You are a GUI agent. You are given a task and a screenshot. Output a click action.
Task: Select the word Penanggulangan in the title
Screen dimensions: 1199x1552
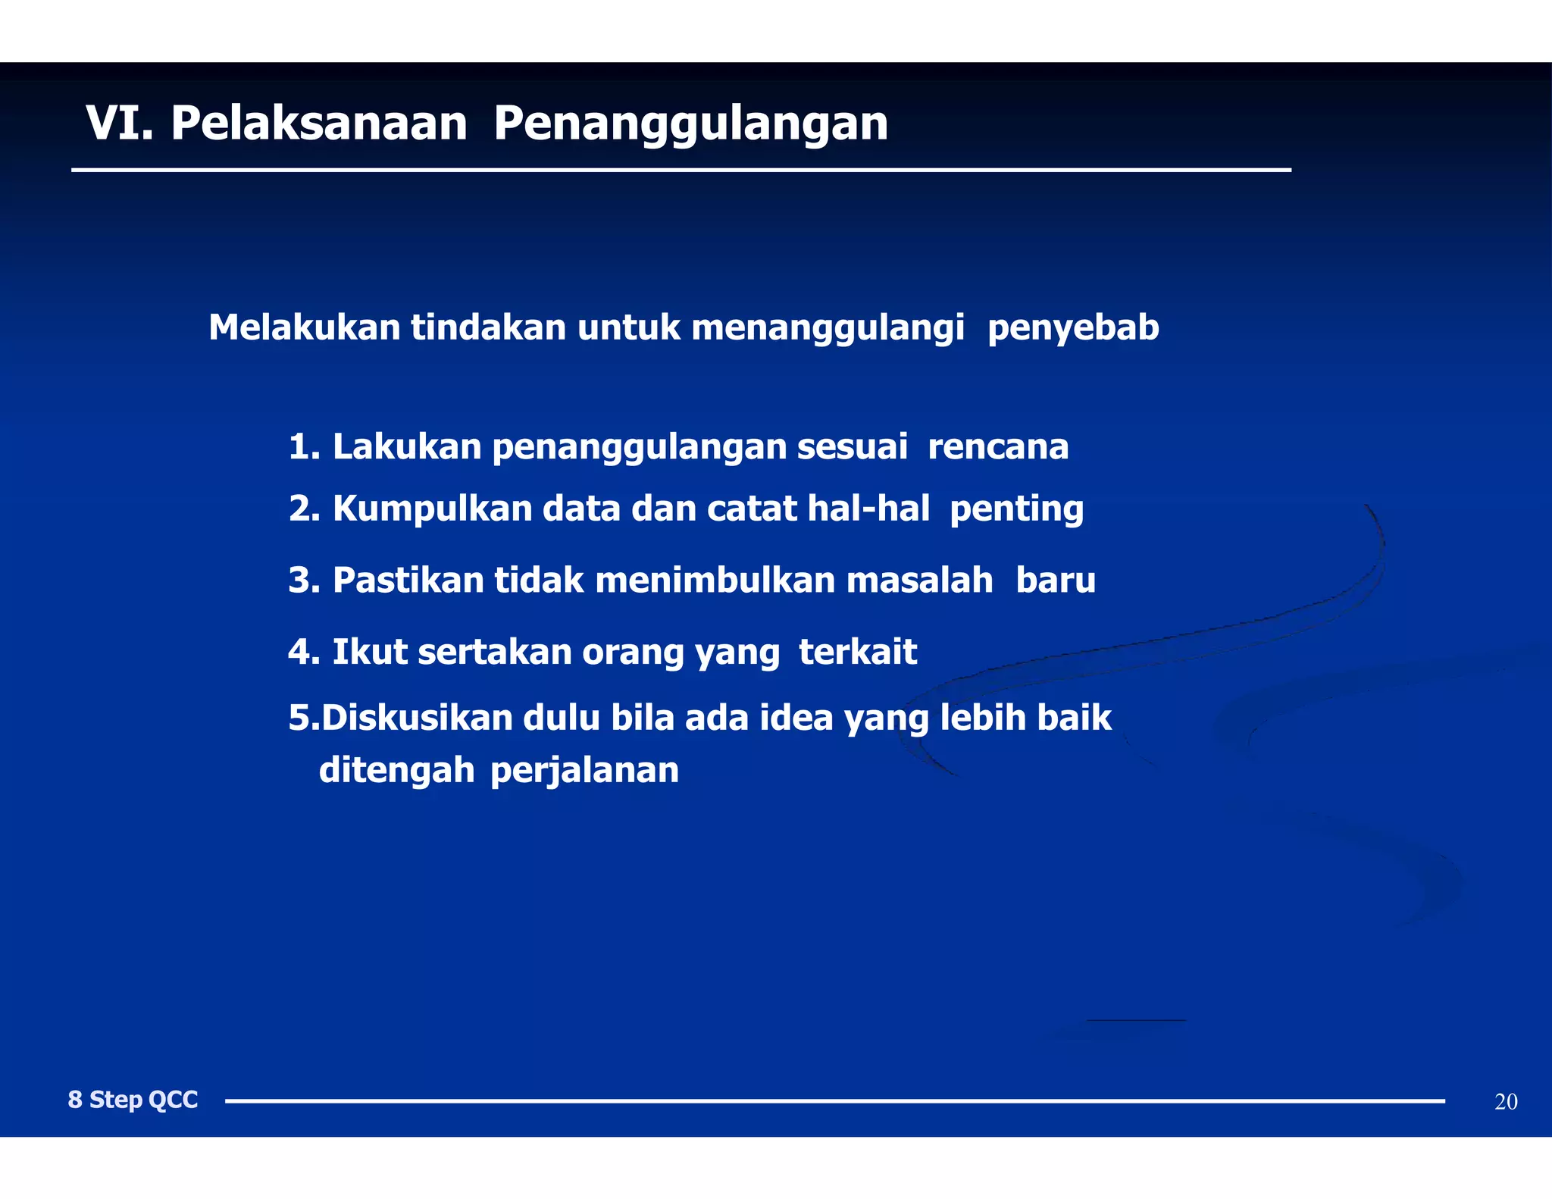tap(690, 124)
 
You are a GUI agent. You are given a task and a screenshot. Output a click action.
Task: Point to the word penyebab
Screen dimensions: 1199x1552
tap(1073, 329)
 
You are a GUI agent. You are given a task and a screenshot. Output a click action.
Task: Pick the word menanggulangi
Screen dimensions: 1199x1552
tap(828, 329)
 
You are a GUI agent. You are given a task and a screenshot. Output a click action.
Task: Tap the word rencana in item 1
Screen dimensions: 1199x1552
tap(998, 446)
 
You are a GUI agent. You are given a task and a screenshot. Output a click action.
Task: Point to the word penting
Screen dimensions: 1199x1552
tap(1016, 509)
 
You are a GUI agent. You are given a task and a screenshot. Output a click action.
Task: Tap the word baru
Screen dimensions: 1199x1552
tap(1056, 581)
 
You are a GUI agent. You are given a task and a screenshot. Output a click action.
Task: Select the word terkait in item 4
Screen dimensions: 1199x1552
tap(858, 652)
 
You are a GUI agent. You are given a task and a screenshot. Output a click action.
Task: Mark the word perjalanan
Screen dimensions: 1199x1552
tap(584, 772)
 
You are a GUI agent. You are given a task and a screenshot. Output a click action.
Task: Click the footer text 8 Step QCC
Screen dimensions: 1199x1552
tap(133, 1100)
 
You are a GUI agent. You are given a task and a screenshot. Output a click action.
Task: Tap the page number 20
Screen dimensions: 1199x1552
tap(1506, 1102)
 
